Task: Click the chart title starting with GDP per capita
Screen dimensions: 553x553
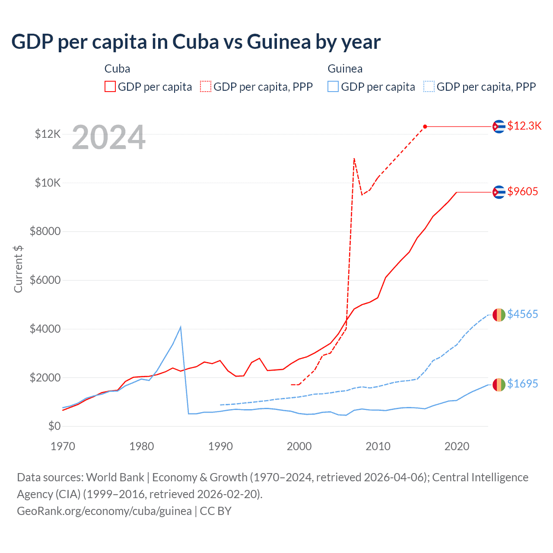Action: tap(196, 42)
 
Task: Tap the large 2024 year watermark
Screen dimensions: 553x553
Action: tap(108, 138)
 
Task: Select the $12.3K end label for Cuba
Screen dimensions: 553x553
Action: tap(524, 126)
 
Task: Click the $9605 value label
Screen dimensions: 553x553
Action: tap(522, 191)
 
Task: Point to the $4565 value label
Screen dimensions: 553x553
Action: tap(522, 314)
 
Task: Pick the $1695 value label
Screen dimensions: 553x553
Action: tap(522, 384)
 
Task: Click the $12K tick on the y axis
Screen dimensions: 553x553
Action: tap(48, 134)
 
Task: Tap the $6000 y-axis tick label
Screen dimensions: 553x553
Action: tap(45, 280)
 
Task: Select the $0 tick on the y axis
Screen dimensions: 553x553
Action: tap(54, 426)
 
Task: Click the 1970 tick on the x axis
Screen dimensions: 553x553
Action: tap(63, 446)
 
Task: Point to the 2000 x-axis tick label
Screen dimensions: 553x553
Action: tap(299, 446)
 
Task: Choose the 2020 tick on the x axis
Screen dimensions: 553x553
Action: tap(457, 446)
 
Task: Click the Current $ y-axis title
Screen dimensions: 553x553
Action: tap(18, 269)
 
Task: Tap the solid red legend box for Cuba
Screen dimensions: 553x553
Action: tap(110, 87)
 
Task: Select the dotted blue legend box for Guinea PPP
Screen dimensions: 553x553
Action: tap(429, 87)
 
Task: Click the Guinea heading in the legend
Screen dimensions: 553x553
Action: tap(345, 69)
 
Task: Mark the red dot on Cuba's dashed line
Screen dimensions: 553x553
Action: tap(425, 127)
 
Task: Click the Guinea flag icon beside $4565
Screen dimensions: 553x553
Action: tap(499, 315)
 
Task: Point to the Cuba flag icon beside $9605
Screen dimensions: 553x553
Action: tap(499, 192)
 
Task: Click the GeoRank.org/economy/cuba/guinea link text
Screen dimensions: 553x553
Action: tap(104, 511)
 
